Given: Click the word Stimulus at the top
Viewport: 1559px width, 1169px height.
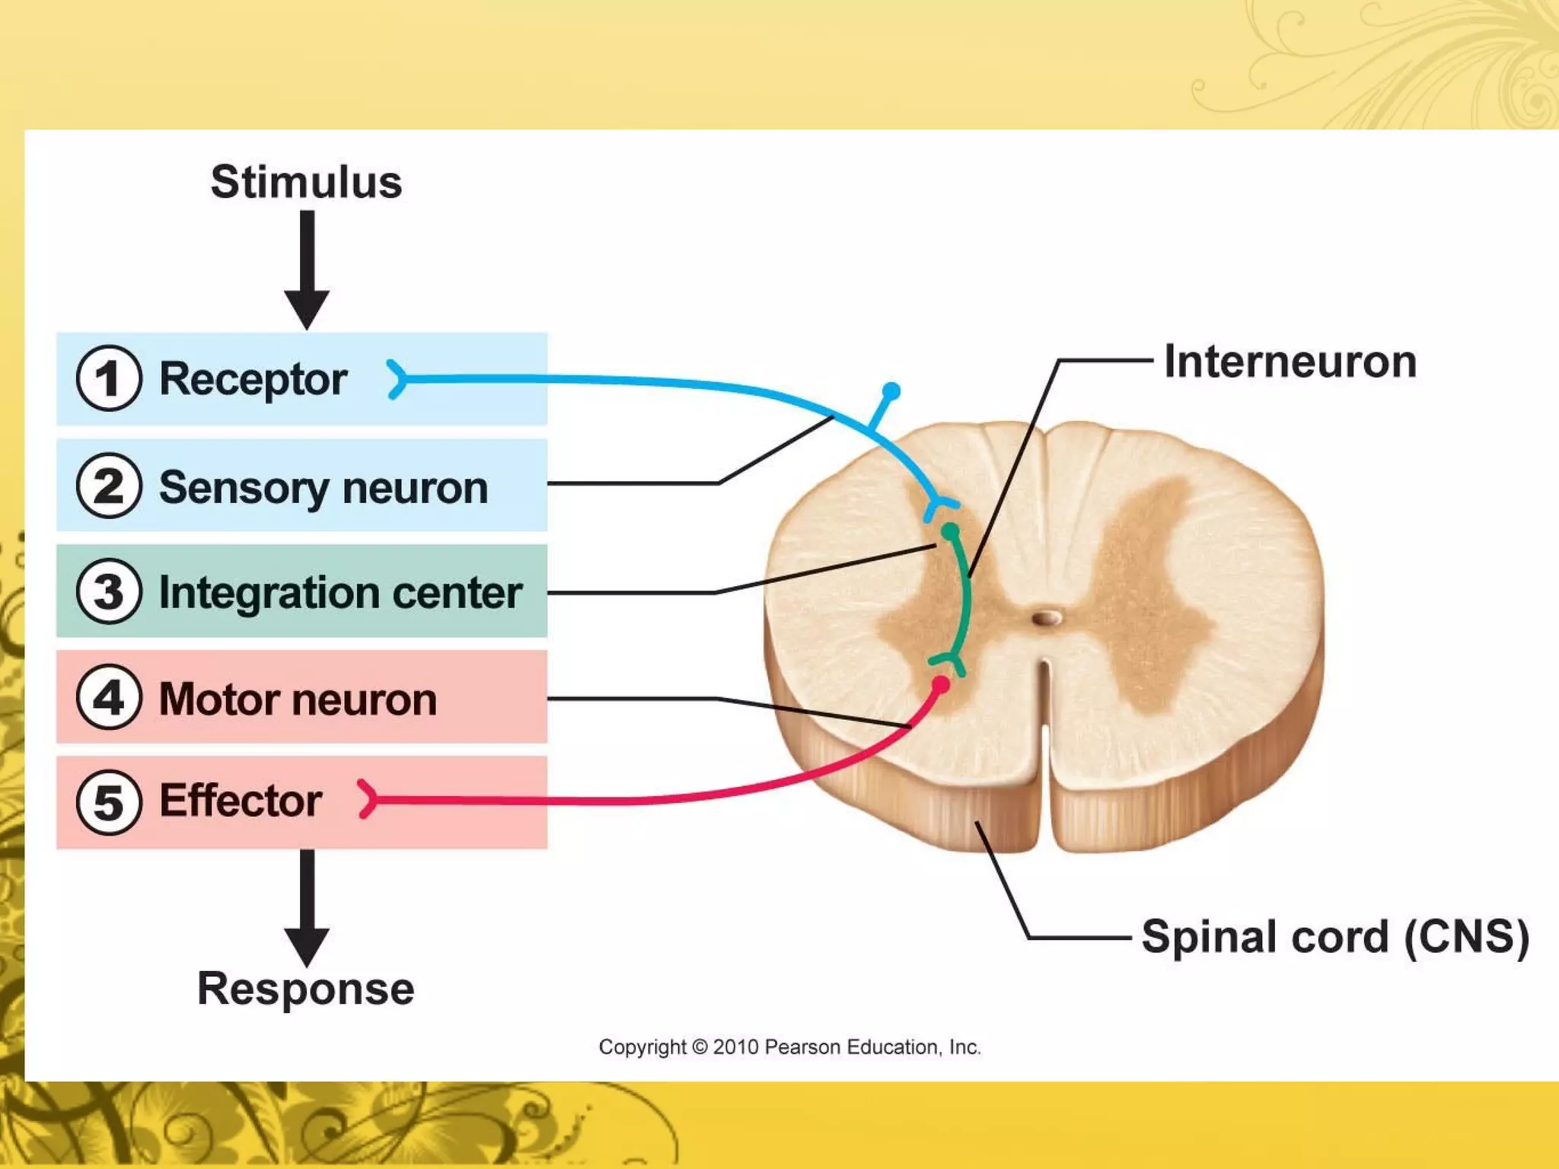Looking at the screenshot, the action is pyautogui.click(x=306, y=183).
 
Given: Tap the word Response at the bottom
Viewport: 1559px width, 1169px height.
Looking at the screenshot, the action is pyautogui.click(x=305, y=989).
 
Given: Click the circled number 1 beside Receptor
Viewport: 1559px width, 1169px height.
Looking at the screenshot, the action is pyautogui.click(x=109, y=378).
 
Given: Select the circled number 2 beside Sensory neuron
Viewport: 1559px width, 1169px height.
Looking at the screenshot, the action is pyautogui.click(x=109, y=486).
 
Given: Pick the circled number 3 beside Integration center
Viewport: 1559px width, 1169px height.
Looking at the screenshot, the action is pyautogui.click(x=109, y=591).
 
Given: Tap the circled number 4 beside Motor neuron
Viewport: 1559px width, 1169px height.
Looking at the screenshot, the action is pyautogui.click(x=109, y=697).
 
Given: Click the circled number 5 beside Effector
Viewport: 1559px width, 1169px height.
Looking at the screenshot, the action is pyautogui.click(x=109, y=802).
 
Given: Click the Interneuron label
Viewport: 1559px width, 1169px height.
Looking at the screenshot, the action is pyautogui.click(x=1290, y=362).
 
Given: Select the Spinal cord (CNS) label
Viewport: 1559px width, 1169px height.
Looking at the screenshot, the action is pyautogui.click(x=1334, y=936).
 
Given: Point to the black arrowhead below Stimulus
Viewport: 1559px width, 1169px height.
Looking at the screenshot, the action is pyautogui.click(x=307, y=308).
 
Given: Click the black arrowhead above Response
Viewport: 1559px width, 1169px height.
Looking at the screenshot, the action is pyautogui.click(x=307, y=946).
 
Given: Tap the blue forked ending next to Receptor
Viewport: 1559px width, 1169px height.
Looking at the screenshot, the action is pyautogui.click(x=397, y=379).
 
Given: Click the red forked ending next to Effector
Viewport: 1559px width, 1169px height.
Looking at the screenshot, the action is pyautogui.click(x=368, y=798).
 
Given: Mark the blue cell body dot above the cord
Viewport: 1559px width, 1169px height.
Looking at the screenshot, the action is pyautogui.click(x=891, y=391).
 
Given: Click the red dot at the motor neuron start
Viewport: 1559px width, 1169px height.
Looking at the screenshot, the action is pyautogui.click(x=941, y=685).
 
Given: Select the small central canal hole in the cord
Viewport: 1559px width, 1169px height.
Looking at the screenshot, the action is pyautogui.click(x=1047, y=617).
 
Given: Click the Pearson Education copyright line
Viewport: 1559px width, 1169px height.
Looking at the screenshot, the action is pyautogui.click(x=789, y=1047).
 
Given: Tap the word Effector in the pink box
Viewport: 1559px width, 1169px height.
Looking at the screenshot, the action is pyautogui.click(x=241, y=801).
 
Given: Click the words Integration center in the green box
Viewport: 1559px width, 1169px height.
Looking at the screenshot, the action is pyautogui.click(x=340, y=593).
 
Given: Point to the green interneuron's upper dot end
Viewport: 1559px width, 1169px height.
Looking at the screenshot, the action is pyautogui.click(x=950, y=531).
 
